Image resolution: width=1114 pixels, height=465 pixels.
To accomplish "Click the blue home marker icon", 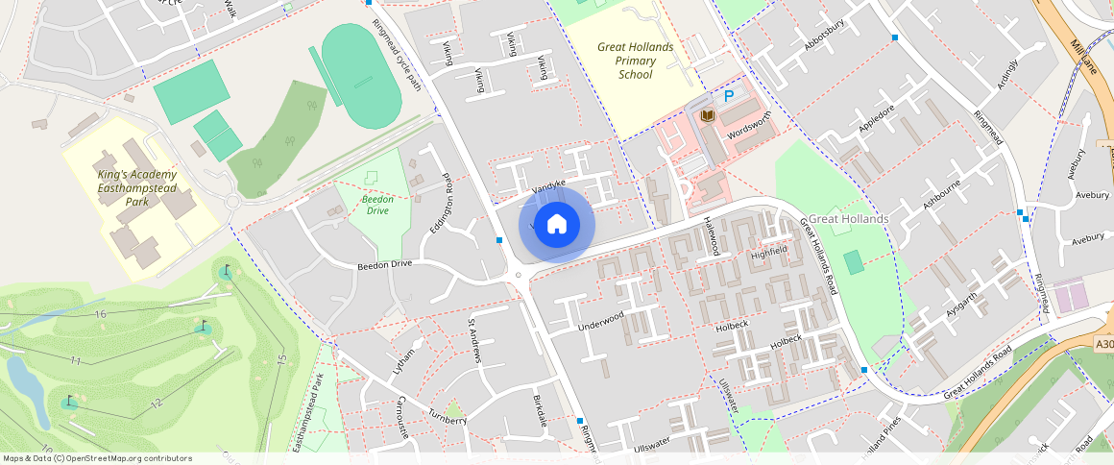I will tap(556, 224).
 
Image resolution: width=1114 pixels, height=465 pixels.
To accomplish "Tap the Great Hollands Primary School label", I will tap(635, 61).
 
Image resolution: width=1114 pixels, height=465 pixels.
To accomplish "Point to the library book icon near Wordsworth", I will tap(708, 116).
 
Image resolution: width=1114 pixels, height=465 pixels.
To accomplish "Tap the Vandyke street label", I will tap(548, 183).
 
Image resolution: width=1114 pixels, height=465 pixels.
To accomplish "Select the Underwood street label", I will tap(601, 321).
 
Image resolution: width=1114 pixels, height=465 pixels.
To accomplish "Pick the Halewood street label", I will tap(712, 234).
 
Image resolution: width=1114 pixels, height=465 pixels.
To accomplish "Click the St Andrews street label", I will tap(472, 341).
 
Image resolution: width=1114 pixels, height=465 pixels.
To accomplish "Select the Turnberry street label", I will tap(448, 419).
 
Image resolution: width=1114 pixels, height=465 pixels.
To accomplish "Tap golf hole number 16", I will tap(100, 314).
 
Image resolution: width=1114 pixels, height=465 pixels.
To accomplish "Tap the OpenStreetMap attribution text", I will tap(96, 458).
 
